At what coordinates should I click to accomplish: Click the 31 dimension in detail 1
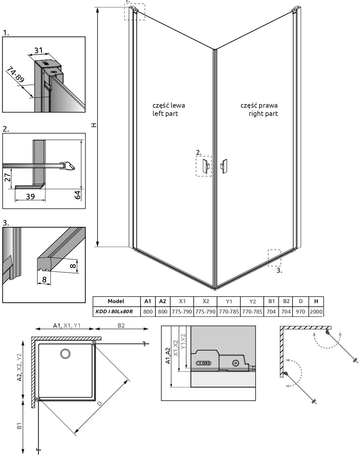39,50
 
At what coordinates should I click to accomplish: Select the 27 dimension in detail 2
8,177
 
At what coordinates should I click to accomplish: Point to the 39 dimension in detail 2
30,196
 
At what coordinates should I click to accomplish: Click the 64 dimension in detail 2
77,195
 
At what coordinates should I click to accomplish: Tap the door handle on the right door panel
224,166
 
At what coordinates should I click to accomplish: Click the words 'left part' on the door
165,114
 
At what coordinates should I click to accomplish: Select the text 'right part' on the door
263,114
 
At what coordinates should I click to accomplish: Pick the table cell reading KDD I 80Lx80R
114,312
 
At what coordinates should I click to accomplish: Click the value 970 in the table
300,312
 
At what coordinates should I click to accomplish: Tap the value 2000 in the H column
316,312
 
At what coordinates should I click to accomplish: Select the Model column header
116,301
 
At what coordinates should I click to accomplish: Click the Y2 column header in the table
252,301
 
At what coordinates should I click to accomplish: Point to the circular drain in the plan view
65,354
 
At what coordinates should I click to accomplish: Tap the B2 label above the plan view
121,325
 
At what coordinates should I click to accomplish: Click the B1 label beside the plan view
19,426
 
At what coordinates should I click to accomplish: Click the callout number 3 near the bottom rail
279,270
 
